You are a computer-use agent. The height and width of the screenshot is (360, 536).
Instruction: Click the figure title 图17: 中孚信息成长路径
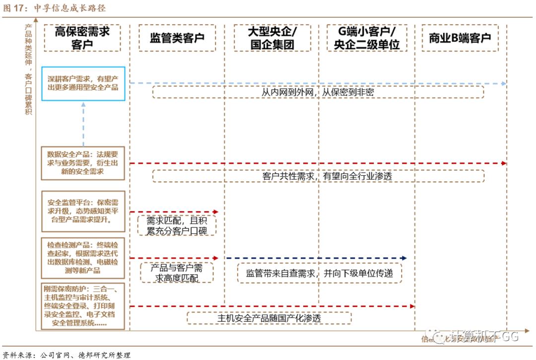coord(55,8)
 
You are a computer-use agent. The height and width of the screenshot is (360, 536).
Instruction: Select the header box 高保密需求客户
coord(82,38)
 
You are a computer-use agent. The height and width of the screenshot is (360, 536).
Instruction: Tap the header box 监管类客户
coord(177,38)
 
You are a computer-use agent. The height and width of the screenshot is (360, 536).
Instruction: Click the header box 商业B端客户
coord(460,38)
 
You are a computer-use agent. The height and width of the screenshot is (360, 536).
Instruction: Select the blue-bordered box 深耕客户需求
coord(83,83)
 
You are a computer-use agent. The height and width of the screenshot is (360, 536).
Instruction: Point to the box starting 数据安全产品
coord(83,162)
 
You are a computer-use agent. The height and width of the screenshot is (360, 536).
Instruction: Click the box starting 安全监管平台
coord(83,211)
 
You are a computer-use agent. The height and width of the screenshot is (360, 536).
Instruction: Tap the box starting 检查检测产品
coord(83,258)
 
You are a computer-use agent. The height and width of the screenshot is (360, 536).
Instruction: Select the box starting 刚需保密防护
coord(83,306)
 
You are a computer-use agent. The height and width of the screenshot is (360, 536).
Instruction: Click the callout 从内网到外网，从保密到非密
coord(318,92)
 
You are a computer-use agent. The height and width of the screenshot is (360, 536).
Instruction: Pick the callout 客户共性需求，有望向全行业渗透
coord(318,176)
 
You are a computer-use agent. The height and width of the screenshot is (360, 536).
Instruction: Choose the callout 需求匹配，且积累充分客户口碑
coord(177,225)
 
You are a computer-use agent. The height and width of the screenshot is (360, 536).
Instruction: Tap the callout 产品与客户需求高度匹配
coord(177,273)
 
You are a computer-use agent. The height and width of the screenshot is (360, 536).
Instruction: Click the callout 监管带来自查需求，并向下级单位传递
coord(319,273)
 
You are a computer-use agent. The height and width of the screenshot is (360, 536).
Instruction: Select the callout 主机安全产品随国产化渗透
coord(269,318)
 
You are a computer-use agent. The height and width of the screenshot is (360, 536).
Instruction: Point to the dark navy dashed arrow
coord(316,258)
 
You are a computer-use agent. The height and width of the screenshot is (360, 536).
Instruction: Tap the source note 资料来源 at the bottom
coord(67,355)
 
